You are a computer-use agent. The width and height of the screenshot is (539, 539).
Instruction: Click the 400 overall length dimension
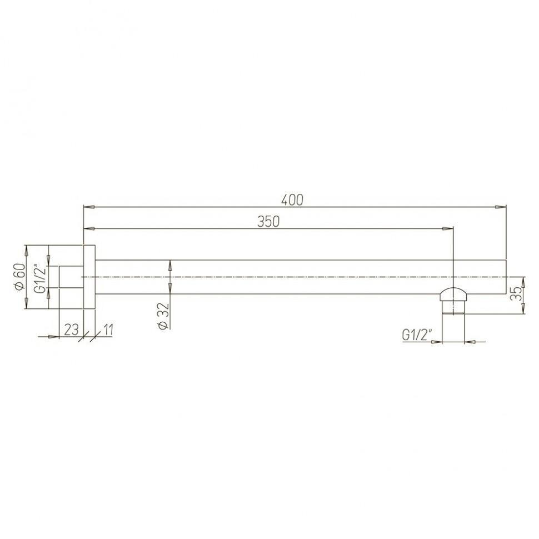tap(292, 199)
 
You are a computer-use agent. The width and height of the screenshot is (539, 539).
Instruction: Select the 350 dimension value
tap(268, 222)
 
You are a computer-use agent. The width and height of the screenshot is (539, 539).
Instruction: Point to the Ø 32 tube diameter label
tap(164, 316)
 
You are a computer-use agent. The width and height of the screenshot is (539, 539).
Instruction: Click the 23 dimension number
tap(71, 330)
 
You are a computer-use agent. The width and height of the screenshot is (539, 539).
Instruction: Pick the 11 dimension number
tap(108, 330)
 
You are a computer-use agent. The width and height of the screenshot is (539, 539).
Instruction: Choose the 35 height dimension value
tap(516, 293)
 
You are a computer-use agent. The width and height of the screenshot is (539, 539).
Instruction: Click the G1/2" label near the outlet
tap(417, 335)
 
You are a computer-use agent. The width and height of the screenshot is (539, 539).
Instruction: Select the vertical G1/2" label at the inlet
tap(40, 277)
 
